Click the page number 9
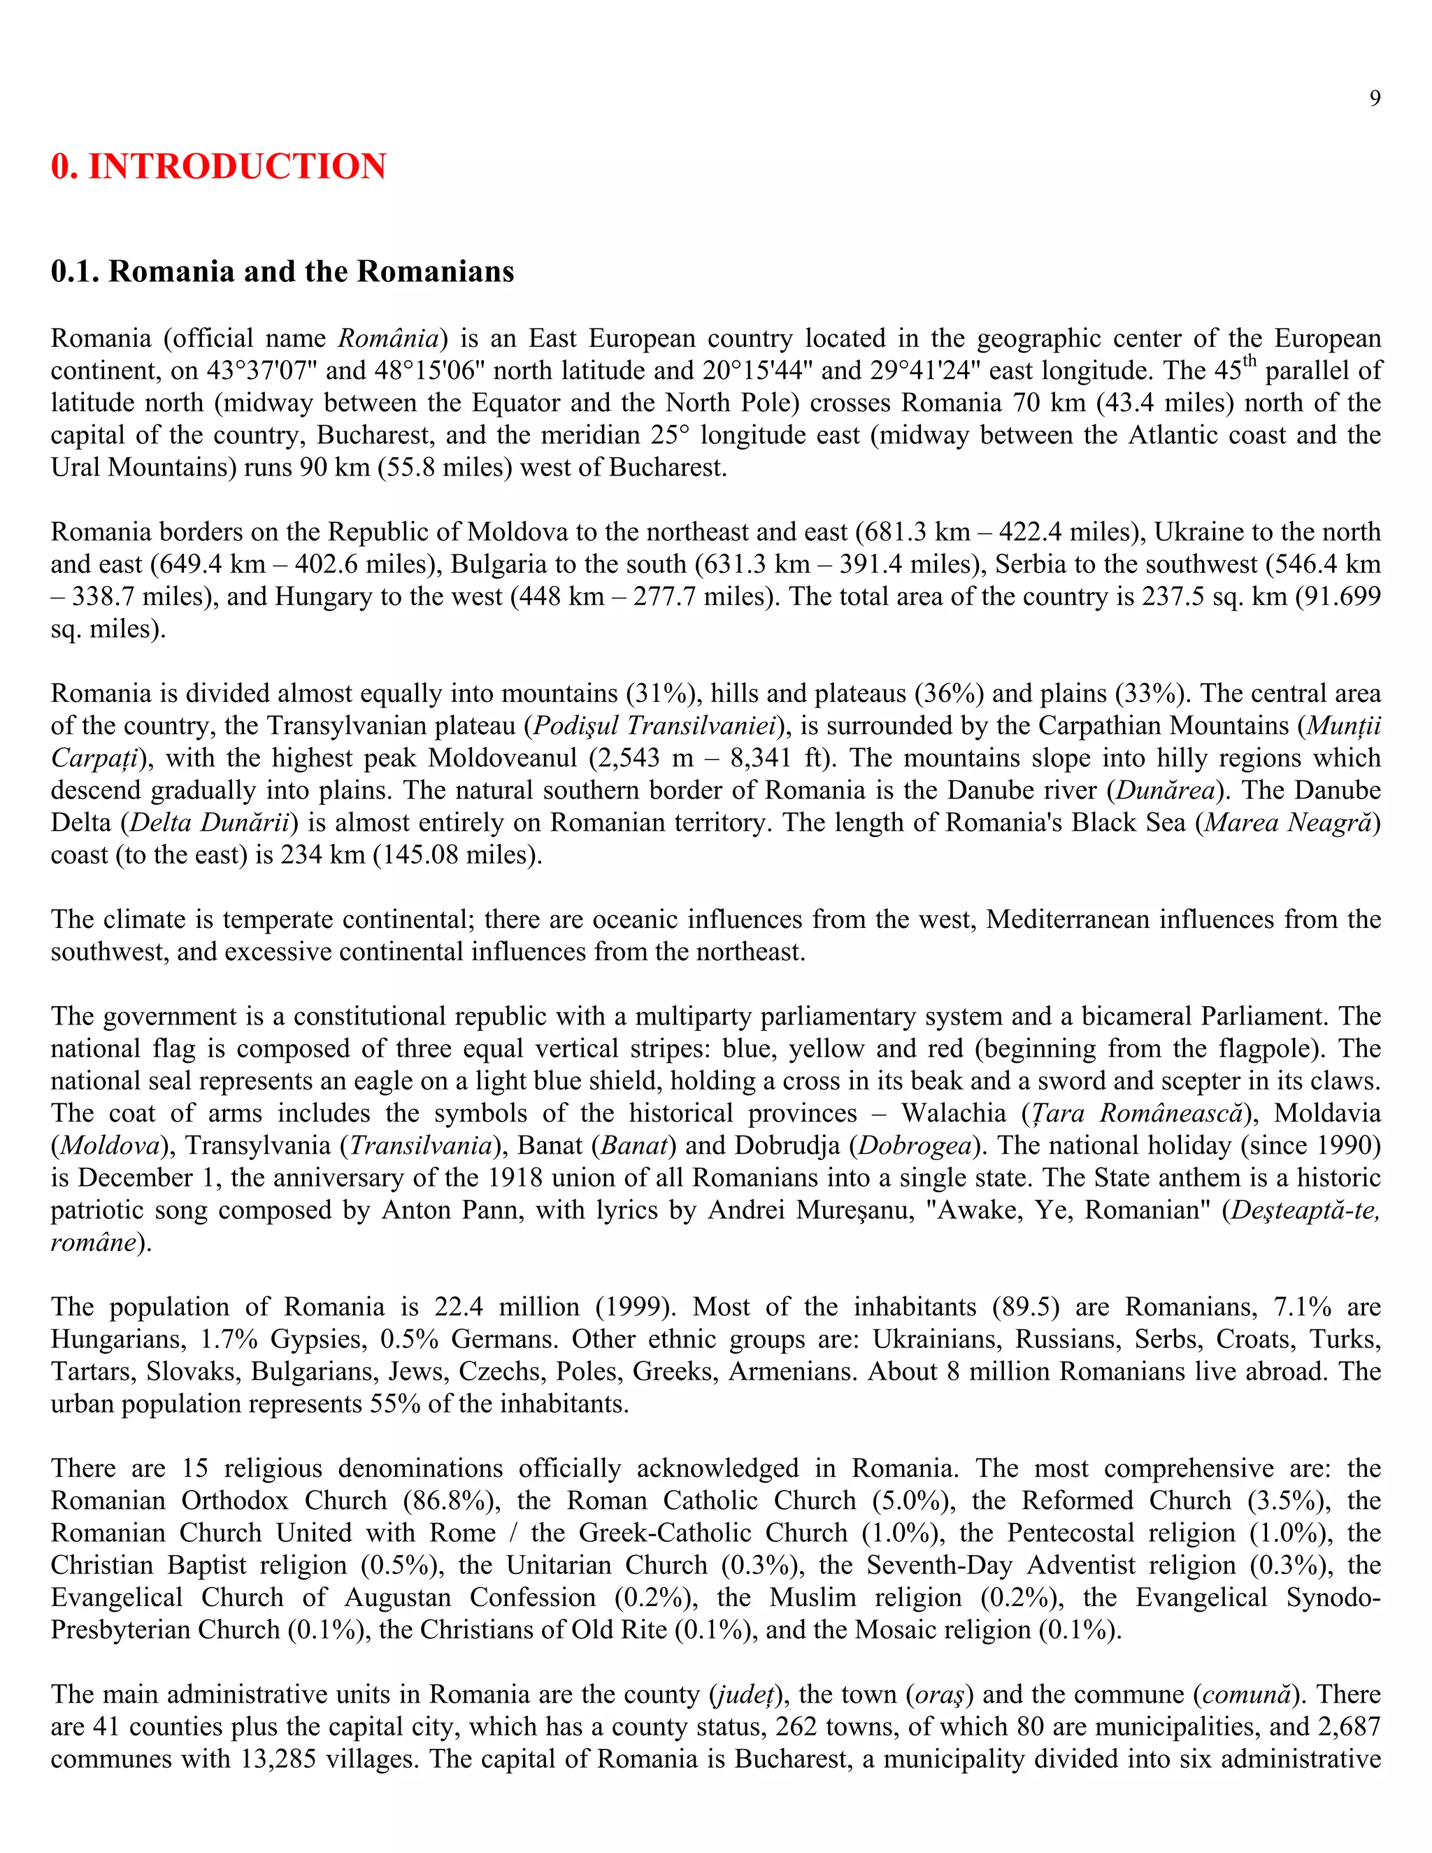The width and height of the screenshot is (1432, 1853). [x=1374, y=99]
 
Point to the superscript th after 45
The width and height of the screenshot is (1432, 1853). [x=1250, y=363]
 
